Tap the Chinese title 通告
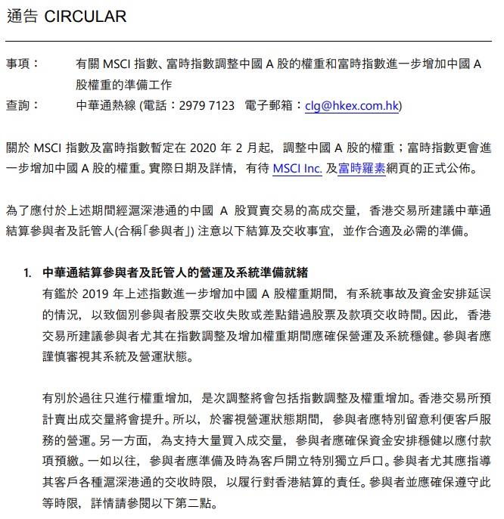click(x=22, y=17)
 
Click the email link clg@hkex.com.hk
click(x=352, y=106)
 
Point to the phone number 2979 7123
click(x=207, y=106)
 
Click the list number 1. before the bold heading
click(x=28, y=271)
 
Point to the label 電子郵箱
click(x=272, y=106)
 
